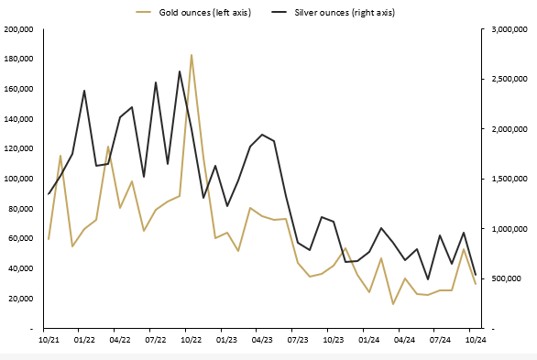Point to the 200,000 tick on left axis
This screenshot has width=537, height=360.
tap(19, 29)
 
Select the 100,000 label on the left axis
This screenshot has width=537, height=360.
tap(19, 179)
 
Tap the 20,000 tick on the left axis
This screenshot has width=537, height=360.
tap(21, 299)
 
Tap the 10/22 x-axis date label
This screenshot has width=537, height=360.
tap(186, 339)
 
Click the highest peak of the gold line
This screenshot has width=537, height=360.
tap(192, 55)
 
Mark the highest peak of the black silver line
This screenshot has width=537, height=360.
tap(180, 71)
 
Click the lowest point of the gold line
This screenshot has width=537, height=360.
tap(393, 304)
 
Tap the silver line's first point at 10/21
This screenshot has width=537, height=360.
tap(49, 194)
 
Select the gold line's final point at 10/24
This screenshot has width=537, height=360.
tap(475, 284)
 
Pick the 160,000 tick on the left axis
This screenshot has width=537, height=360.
tap(19, 89)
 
